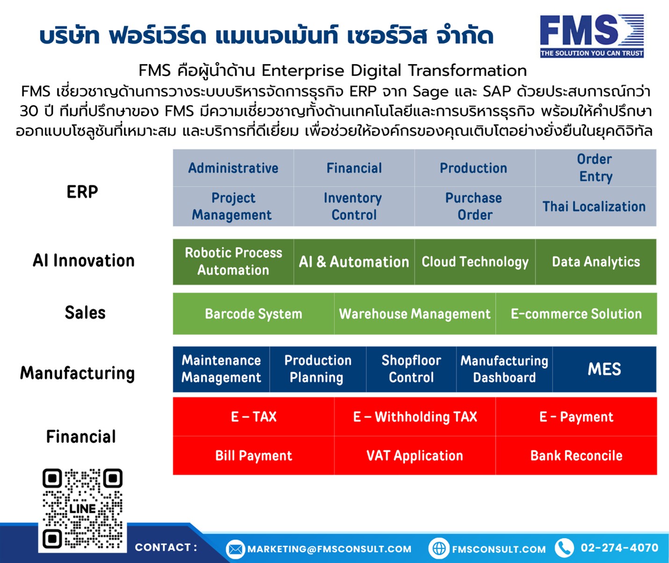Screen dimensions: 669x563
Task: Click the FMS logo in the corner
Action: point(592,36)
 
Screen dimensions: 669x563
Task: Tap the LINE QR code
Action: point(82,509)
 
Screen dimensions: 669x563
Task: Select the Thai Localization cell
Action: point(596,206)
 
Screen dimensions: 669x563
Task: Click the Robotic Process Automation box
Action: point(233,262)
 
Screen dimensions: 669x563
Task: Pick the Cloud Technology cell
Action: point(475,262)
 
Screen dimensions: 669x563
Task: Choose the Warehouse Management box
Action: point(415,314)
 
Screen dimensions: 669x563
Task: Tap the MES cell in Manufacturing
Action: point(604,369)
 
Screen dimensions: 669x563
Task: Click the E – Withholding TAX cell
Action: point(415,417)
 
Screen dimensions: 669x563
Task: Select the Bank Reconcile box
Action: point(576,455)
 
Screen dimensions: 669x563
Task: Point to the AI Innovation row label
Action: point(84,260)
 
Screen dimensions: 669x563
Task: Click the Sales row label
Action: point(85,313)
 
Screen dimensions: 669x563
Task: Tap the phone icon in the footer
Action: point(564,548)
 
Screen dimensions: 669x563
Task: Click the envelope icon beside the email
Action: point(235,549)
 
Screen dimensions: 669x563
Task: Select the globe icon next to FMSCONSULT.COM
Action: point(439,548)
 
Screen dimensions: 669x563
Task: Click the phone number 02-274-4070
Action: point(619,548)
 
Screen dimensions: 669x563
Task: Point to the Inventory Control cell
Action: point(354,206)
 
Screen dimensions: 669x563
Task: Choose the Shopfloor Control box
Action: point(411,369)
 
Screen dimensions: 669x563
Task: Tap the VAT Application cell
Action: point(415,455)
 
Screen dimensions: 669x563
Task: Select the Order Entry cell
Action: point(596,168)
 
